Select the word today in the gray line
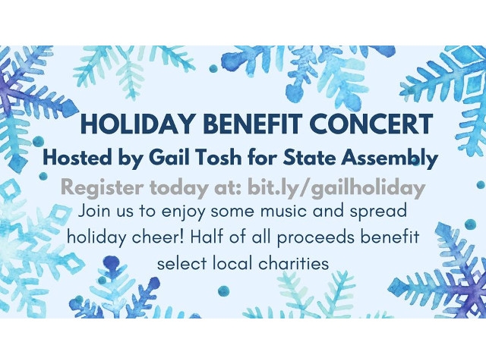point(172,187)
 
